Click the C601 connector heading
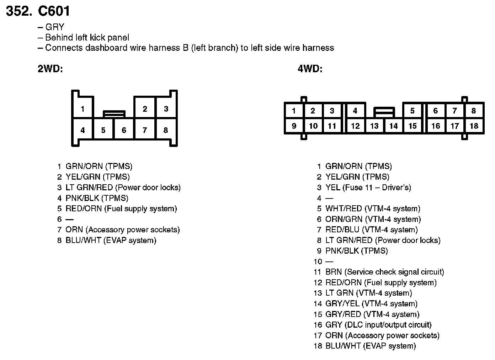click(x=54, y=11)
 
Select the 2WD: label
click(x=50, y=69)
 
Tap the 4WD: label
click(x=310, y=69)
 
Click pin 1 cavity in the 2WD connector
click(x=82, y=108)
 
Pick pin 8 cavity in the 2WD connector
click(x=166, y=130)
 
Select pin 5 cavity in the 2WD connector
click(x=103, y=130)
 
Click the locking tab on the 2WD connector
click(x=114, y=114)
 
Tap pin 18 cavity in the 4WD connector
click(x=474, y=126)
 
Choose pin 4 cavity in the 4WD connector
click(x=355, y=111)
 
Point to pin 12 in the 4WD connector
click(x=355, y=126)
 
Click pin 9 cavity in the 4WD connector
click(x=294, y=126)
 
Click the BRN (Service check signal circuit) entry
click(x=384, y=272)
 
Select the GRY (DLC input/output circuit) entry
click(x=378, y=325)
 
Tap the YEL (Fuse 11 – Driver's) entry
click(x=368, y=187)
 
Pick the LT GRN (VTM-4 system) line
click(x=368, y=293)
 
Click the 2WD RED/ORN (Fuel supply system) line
click(x=121, y=209)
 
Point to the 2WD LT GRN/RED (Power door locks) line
click(x=123, y=187)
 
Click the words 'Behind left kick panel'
click(x=87, y=38)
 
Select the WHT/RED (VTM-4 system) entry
click(x=372, y=209)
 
